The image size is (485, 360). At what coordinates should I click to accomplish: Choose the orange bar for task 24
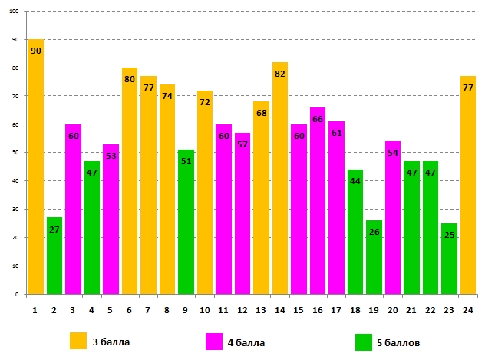468,185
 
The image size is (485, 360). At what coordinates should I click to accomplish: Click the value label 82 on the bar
280,74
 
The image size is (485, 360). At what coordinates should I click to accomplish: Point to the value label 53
111,156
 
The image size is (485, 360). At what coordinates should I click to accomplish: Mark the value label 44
355,181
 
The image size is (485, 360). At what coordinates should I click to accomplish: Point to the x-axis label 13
261,309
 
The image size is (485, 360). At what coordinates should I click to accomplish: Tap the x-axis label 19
374,309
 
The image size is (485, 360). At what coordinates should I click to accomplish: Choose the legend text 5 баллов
398,342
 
